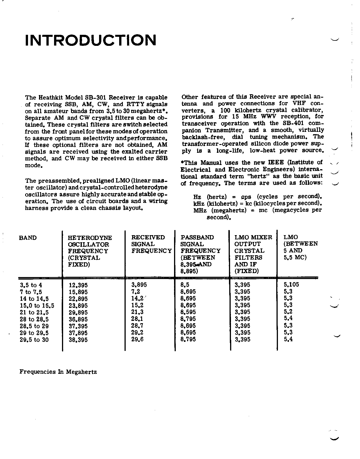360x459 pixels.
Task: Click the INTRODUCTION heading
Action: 91,40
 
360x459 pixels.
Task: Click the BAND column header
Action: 28,238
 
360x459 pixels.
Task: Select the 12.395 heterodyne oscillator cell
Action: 78,285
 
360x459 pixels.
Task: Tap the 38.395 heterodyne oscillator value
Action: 78,340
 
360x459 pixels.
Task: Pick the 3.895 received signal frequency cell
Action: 139,285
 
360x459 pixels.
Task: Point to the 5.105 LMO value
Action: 291,285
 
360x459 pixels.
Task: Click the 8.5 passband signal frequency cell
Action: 185,285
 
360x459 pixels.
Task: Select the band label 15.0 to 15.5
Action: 37,306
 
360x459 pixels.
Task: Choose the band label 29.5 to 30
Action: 34,340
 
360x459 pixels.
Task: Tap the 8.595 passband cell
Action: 188,312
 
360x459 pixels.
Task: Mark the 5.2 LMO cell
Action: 288,312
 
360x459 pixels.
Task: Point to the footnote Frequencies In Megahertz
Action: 58,372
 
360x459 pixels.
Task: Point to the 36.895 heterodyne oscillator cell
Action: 78,319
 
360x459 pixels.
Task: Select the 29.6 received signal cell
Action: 137,339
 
